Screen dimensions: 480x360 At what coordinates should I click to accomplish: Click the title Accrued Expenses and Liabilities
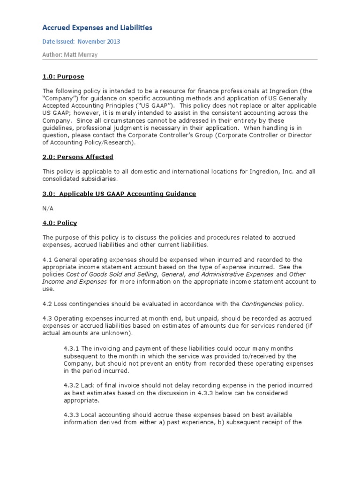(x=97, y=28)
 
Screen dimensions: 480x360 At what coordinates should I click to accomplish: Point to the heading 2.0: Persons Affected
(x=78, y=157)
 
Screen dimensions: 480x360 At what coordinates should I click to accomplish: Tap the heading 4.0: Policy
(x=60, y=223)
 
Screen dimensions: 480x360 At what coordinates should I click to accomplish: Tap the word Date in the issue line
(x=50, y=42)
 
